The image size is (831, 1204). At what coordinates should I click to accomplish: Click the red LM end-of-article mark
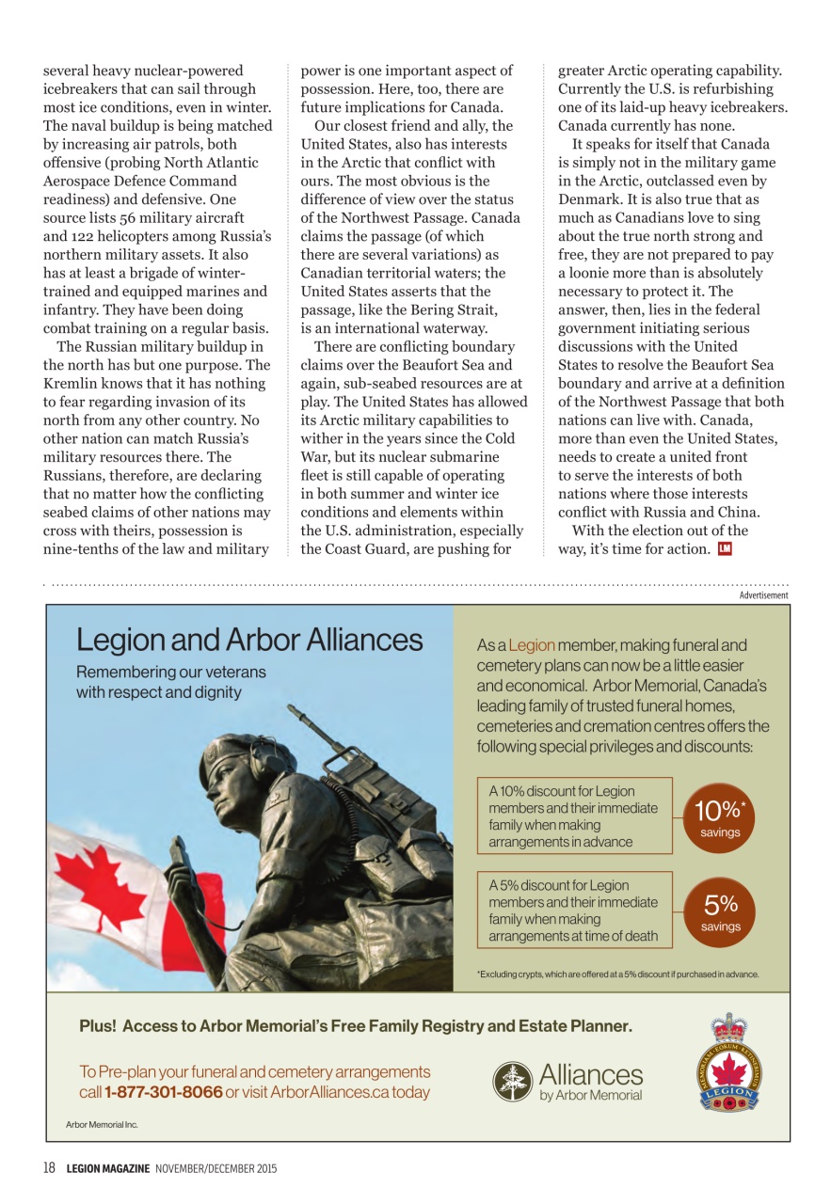tap(724, 549)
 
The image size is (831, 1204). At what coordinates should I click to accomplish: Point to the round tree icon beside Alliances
tap(513, 1081)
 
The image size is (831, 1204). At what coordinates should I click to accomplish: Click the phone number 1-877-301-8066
tap(164, 1092)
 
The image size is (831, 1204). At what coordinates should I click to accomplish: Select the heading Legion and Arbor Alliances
tap(249, 641)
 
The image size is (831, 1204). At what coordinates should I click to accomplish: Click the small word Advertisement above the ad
tap(763, 595)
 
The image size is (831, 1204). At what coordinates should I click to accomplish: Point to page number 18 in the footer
tap(49, 1168)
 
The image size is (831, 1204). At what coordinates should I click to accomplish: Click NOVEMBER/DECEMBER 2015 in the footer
tap(216, 1168)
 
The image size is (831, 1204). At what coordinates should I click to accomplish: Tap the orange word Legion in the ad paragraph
tap(532, 645)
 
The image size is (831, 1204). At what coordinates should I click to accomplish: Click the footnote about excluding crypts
tap(617, 974)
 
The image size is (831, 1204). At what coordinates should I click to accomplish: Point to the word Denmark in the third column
tap(587, 199)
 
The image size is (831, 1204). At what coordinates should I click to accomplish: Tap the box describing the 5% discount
tap(575, 911)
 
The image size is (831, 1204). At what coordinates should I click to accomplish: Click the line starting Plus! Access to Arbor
tap(356, 1026)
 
